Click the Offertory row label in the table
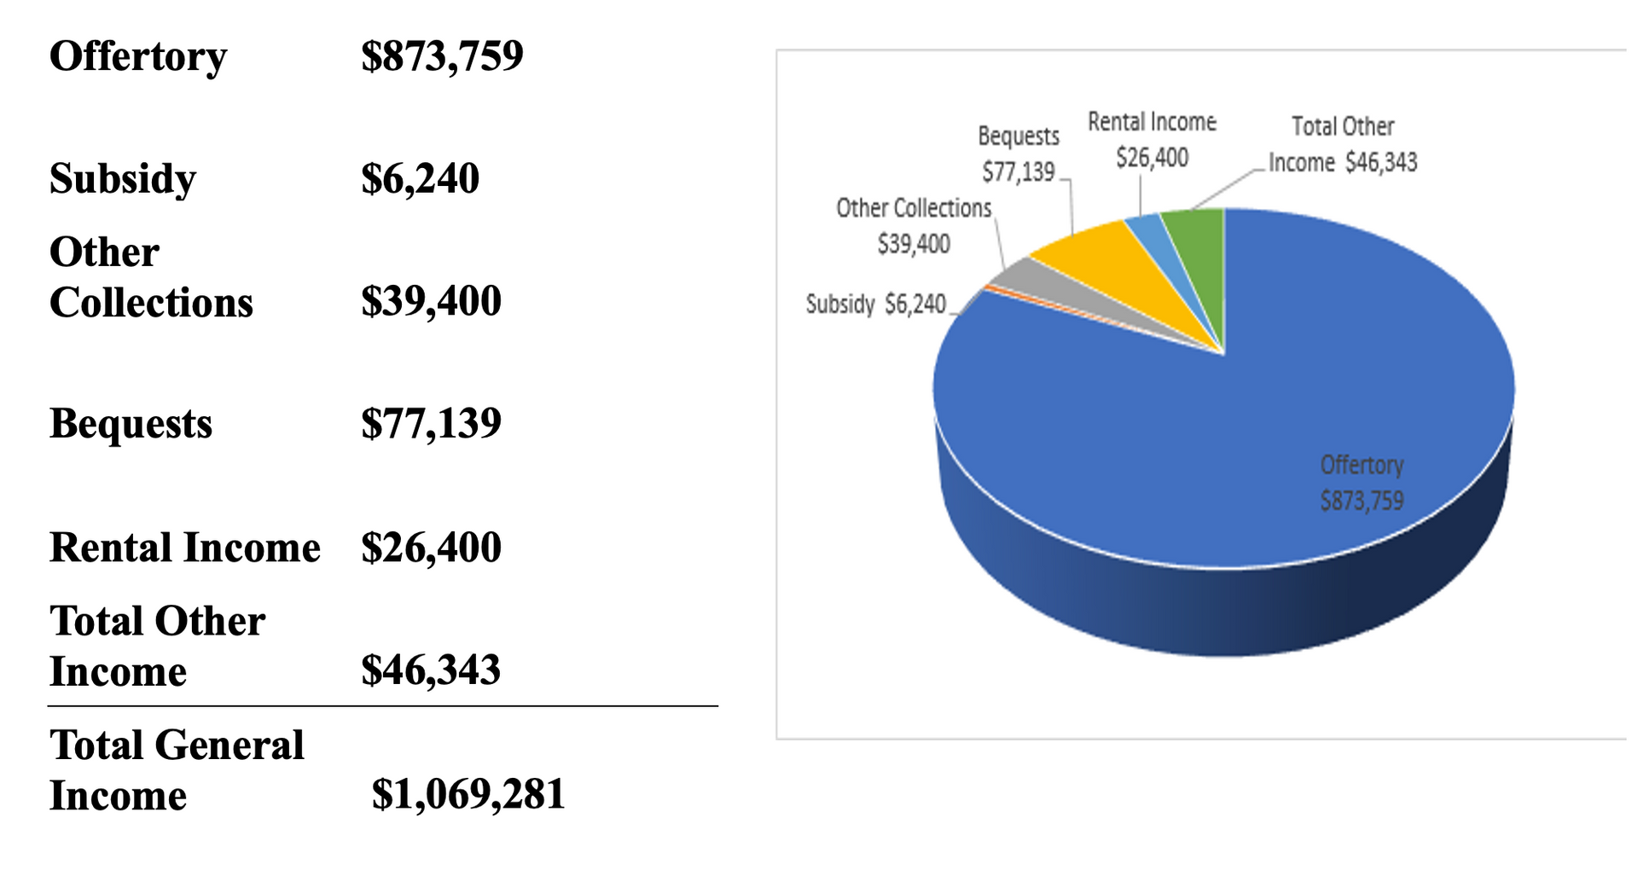click(138, 56)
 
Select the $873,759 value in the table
click(442, 56)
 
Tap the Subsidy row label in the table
click(123, 179)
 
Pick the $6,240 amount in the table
click(420, 179)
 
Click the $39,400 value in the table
click(431, 301)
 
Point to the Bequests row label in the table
click(131, 424)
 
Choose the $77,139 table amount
click(431, 424)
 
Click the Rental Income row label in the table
click(185, 548)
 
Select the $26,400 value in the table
click(431, 548)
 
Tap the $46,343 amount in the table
click(431, 670)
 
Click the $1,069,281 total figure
click(468, 794)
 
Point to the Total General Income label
click(177, 770)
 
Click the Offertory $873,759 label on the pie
click(1362, 483)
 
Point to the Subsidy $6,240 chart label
click(876, 304)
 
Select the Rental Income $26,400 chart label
click(1152, 140)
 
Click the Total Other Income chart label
click(1343, 144)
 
